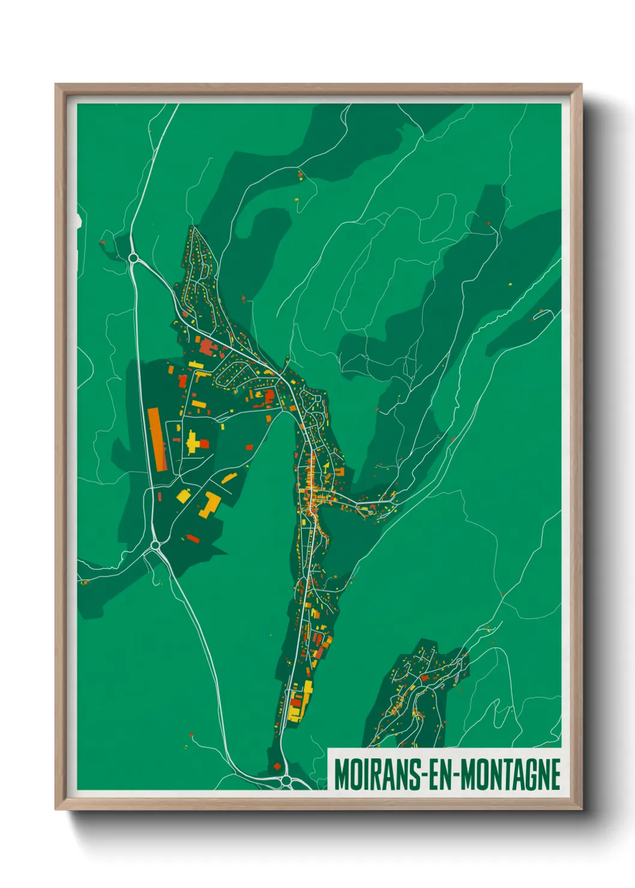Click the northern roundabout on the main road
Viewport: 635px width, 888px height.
133,258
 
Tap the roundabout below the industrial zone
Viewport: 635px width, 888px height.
156,545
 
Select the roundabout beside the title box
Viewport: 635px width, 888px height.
286,781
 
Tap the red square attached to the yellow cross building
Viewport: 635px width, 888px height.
204,444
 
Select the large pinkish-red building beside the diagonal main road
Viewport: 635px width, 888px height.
207,347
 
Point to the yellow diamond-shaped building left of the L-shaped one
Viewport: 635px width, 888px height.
183,496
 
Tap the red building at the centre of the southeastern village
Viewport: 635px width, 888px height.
425,677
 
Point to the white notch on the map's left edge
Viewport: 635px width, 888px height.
79,221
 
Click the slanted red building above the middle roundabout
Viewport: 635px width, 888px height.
193,539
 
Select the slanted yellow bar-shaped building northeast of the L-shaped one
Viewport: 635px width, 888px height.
229,478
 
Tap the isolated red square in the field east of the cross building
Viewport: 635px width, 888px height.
249,447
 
